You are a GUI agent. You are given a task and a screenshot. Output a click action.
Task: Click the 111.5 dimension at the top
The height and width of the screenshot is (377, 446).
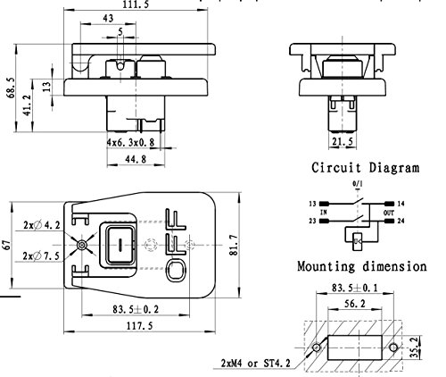(x=136, y=4)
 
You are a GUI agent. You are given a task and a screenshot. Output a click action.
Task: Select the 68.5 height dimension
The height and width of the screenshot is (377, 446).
(x=11, y=88)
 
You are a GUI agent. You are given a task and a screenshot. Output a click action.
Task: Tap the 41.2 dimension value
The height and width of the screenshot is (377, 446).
(x=27, y=105)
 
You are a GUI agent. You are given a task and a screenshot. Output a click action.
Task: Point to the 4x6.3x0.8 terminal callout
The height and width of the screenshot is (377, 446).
(x=130, y=142)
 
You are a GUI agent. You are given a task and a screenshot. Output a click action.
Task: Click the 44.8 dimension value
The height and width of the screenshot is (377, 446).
(x=136, y=159)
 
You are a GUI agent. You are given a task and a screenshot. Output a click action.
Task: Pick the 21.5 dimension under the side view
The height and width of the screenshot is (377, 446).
(x=343, y=141)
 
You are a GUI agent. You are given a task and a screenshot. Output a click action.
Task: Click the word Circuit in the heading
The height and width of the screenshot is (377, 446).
(x=336, y=167)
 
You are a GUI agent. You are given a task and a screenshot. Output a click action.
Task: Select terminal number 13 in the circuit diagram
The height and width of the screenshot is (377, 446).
(x=312, y=204)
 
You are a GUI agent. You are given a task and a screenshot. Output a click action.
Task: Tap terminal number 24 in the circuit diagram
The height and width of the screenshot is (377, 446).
(x=401, y=221)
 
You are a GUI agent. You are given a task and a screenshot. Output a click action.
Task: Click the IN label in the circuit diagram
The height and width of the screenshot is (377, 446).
(x=324, y=213)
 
